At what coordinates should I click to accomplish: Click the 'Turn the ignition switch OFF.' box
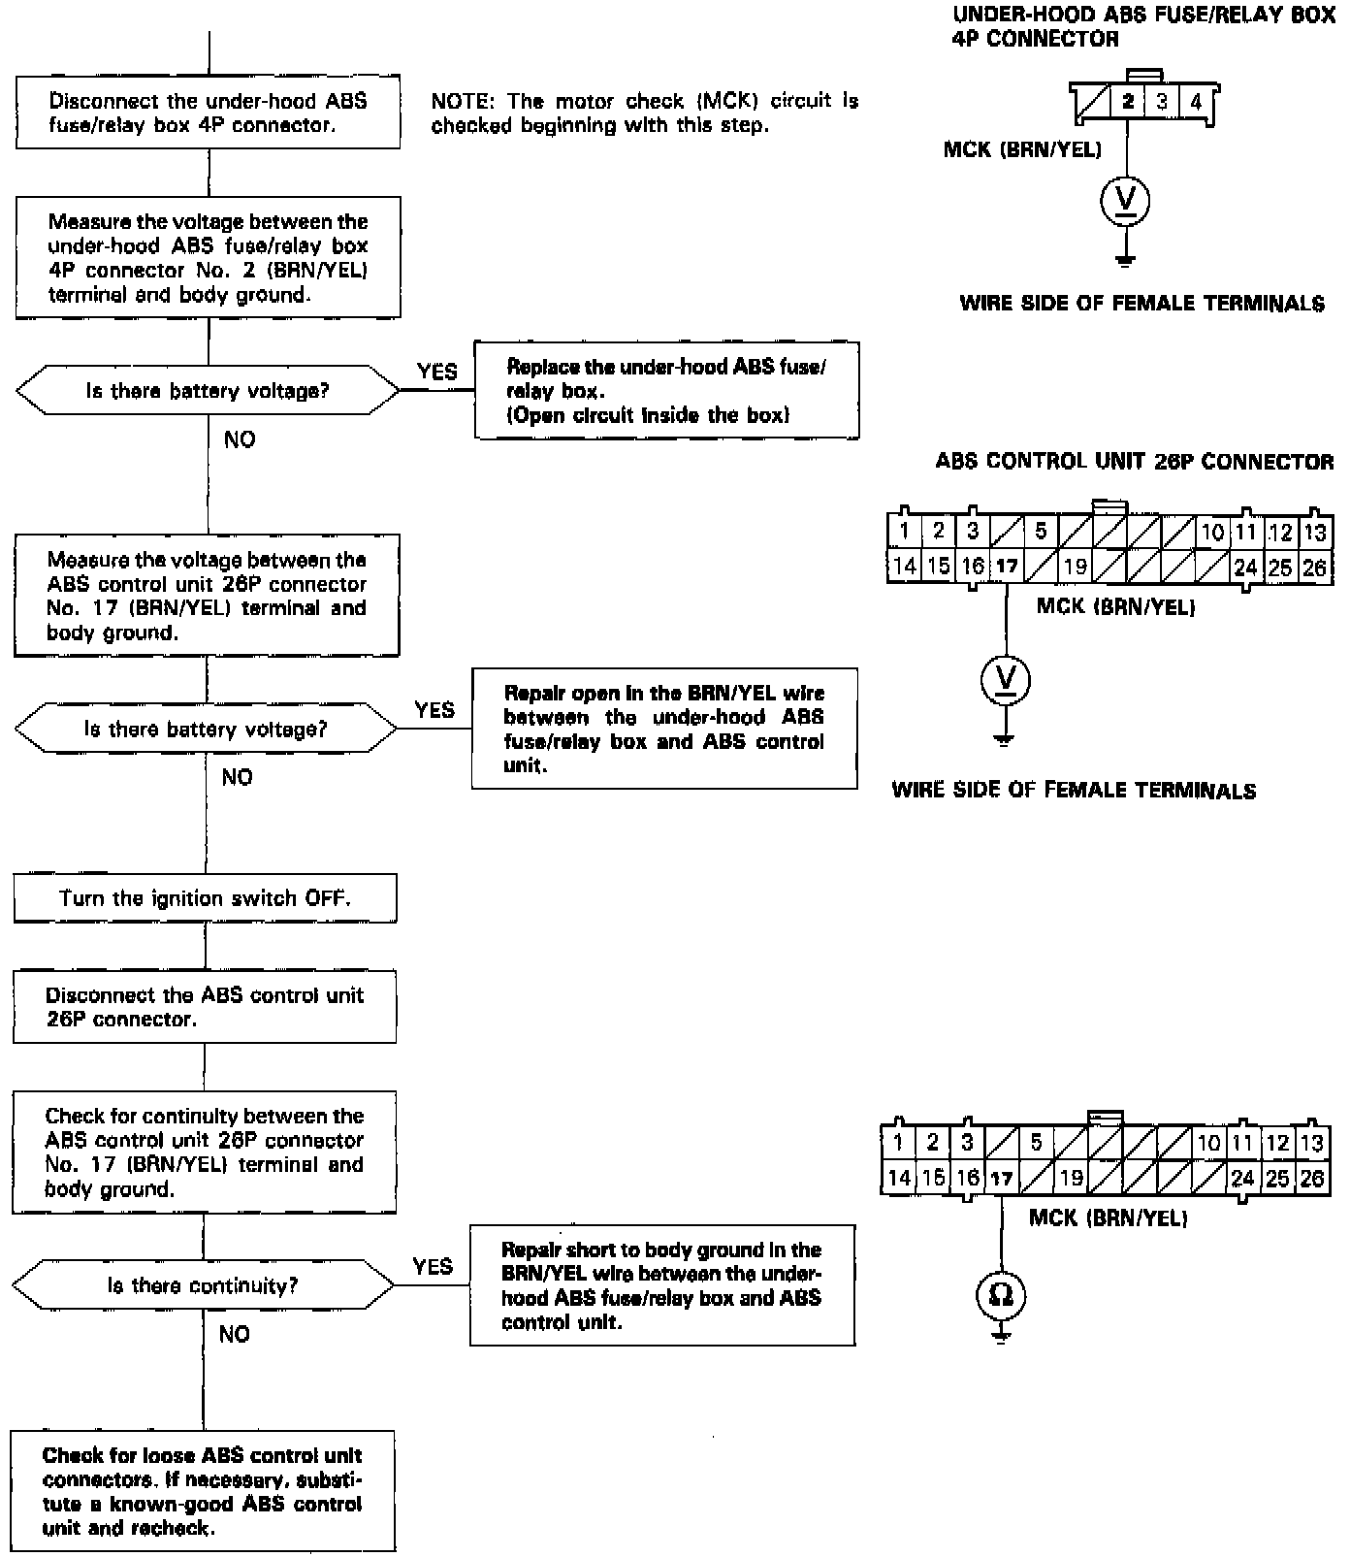[205, 897]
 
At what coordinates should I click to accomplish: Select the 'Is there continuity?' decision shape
[203, 1285]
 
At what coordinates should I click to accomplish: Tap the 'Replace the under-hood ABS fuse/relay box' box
[666, 390]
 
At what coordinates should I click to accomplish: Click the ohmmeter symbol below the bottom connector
[1001, 1294]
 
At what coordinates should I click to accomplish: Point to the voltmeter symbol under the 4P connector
[1125, 201]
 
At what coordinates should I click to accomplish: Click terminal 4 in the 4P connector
[1196, 102]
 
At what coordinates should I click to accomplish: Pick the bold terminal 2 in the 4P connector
[1128, 102]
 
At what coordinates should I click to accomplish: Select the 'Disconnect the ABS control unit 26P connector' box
[205, 1007]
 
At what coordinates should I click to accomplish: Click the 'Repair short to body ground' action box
[662, 1285]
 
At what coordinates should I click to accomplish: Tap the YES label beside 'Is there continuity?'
[433, 1266]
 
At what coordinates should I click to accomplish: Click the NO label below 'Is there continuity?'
[235, 1334]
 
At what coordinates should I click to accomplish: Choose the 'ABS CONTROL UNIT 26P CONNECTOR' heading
[1134, 461]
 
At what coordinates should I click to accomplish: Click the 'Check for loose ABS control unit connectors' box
[204, 1491]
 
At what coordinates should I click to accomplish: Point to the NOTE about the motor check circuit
[644, 113]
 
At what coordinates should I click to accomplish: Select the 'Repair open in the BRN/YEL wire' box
[664, 729]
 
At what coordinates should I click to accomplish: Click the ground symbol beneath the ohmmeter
[1001, 1337]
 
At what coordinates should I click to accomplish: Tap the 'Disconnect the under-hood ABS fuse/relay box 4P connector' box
[209, 113]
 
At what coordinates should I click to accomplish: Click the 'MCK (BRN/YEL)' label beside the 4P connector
[1022, 149]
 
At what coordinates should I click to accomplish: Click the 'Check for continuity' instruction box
[204, 1152]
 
